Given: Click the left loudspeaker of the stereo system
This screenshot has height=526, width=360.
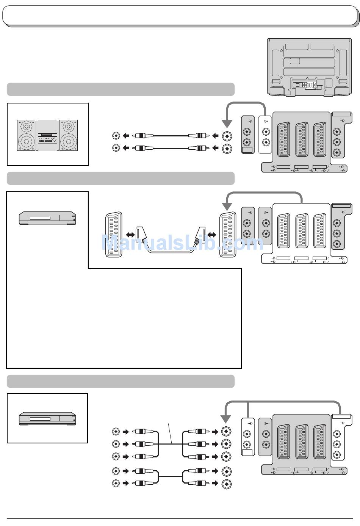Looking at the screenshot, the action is click(26, 135).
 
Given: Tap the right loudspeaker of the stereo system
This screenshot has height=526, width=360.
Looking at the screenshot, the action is click(69, 135).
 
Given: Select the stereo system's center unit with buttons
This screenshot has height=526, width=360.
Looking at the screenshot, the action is click(47, 135).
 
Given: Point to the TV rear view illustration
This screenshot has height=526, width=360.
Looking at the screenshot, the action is click(309, 67).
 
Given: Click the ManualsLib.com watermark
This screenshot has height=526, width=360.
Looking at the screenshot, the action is click(183, 243).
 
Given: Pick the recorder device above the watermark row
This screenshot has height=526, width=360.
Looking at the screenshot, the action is click(47, 218).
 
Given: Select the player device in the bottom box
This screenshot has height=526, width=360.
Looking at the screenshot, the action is click(47, 419).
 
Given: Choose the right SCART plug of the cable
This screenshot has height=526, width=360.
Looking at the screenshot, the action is click(200, 236).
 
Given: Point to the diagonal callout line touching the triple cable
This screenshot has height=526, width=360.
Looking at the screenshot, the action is click(170, 433).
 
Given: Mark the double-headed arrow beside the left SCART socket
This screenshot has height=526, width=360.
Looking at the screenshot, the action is click(130, 235).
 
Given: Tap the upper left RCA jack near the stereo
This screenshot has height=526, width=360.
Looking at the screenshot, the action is click(116, 136).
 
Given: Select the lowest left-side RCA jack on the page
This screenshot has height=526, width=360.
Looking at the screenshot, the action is click(116, 483).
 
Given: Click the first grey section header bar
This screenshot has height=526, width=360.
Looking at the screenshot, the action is click(121, 89).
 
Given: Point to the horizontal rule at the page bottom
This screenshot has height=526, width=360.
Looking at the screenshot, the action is click(180, 519).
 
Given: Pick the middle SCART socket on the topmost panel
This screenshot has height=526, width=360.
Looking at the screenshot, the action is click(302, 139).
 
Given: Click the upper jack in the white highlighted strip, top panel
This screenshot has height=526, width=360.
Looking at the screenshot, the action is click(266, 132).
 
